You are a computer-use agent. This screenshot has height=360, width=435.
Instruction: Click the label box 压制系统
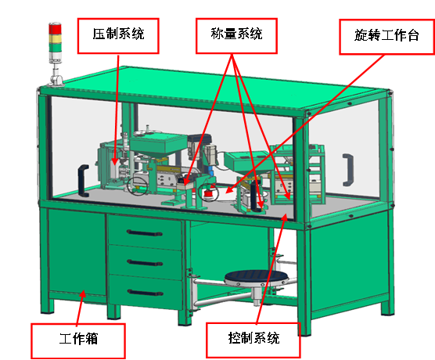click(118, 36)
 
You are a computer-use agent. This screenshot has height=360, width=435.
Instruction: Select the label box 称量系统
click(236, 36)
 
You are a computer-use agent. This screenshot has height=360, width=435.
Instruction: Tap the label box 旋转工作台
click(387, 37)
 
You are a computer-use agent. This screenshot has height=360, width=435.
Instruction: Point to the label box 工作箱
click(78, 340)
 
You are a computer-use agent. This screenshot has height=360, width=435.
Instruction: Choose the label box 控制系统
click(253, 340)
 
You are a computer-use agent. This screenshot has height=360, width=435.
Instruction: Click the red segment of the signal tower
click(55, 29)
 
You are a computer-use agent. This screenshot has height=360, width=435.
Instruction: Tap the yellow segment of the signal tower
click(55, 38)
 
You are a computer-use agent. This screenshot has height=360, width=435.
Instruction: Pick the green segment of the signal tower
click(55, 47)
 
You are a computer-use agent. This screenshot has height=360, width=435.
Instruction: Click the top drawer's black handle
click(144, 233)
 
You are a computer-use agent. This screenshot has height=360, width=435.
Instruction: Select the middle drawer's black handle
click(145, 263)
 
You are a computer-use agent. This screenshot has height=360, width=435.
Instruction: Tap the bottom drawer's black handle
click(146, 292)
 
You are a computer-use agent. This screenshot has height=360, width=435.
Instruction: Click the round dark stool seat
click(256, 277)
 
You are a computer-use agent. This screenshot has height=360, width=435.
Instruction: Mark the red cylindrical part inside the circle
click(208, 193)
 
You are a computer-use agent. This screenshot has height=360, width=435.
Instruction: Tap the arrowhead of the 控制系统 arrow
click(285, 218)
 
